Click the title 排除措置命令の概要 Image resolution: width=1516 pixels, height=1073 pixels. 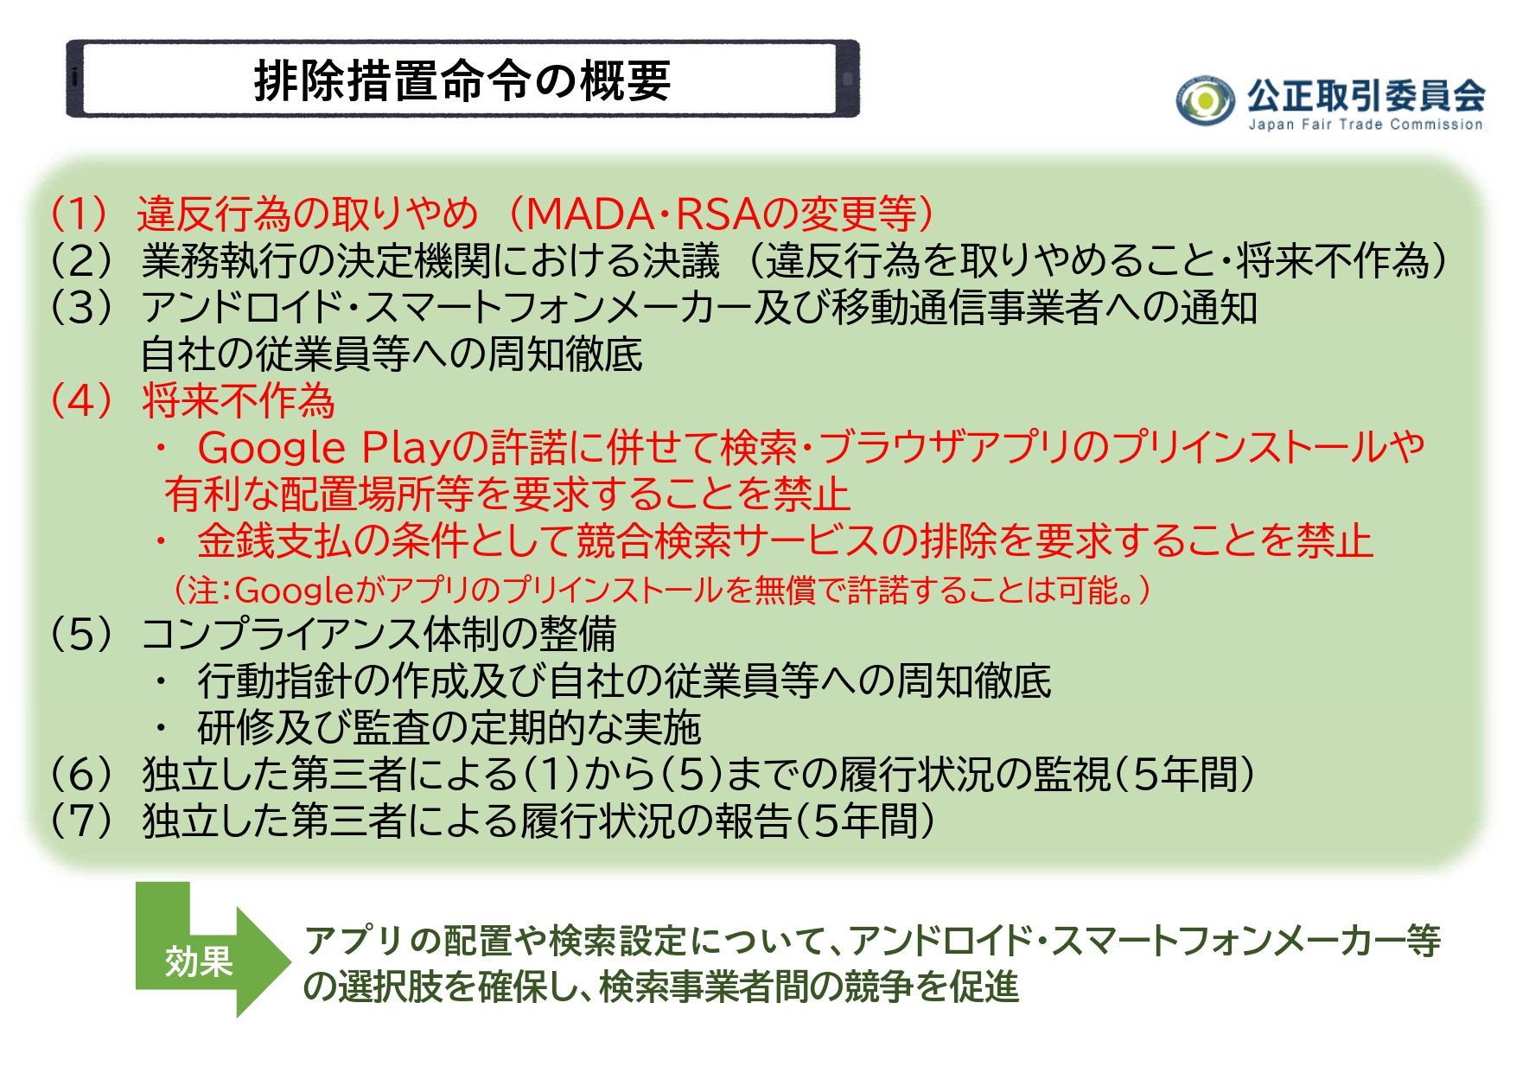(x=462, y=80)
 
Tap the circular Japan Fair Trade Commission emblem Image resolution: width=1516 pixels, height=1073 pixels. (x=1205, y=101)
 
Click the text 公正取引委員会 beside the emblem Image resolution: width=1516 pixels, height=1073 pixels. (x=1366, y=94)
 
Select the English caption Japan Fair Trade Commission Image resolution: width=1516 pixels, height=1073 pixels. (x=1366, y=125)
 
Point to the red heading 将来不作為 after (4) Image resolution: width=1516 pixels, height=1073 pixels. (x=239, y=400)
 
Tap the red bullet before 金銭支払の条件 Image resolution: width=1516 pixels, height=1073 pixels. (x=161, y=541)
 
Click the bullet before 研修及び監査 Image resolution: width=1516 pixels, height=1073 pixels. (x=161, y=728)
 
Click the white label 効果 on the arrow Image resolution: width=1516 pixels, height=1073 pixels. (x=199, y=961)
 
